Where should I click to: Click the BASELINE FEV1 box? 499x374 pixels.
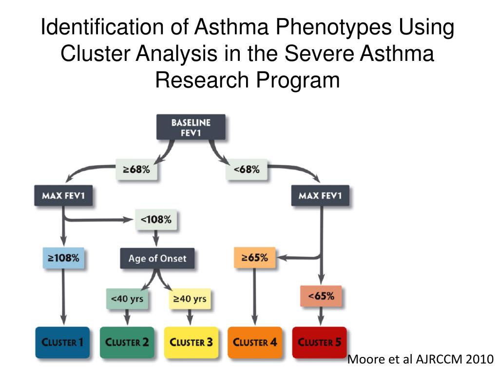pyautogui.click(x=191, y=127)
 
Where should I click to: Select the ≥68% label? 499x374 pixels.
pyautogui.click(x=136, y=170)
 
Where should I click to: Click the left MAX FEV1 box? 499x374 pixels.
pyautogui.click(x=63, y=196)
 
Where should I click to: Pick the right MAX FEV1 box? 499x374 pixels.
pyautogui.click(x=320, y=196)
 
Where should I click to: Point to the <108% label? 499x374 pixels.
pyautogui.click(x=156, y=220)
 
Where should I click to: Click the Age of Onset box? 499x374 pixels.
pyautogui.click(x=157, y=258)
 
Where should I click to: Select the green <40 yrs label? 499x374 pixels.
pyautogui.click(x=127, y=299)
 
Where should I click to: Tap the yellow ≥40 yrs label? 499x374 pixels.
pyautogui.click(x=190, y=299)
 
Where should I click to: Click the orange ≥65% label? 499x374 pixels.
pyautogui.click(x=254, y=258)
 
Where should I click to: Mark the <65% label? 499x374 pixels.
pyautogui.click(x=320, y=296)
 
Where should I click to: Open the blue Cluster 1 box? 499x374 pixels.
pyautogui.click(x=62, y=342)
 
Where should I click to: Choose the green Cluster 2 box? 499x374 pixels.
pyautogui.click(x=127, y=342)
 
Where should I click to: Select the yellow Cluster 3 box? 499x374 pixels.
pyautogui.click(x=191, y=342)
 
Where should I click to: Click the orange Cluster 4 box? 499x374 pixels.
pyautogui.click(x=255, y=342)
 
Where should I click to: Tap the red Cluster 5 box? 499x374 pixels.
pyautogui.click(x=319, y=342)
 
